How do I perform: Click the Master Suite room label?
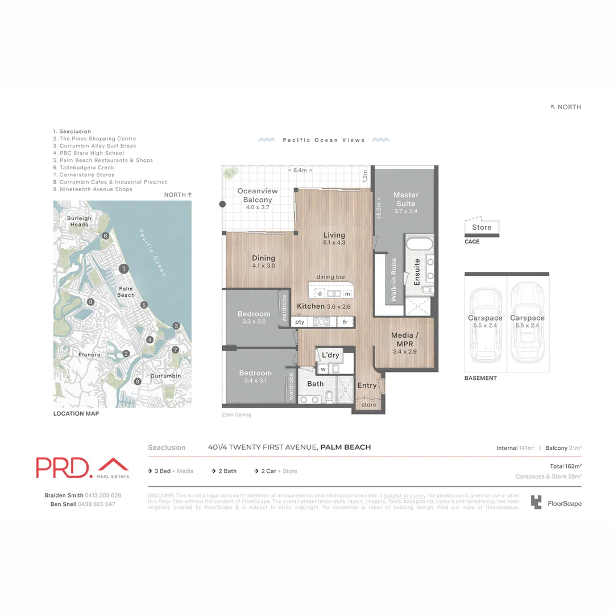click(405, 200)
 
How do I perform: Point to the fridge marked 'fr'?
click(345, 322)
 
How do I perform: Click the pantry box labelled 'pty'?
click(300, 322)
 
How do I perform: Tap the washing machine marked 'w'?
click(323, 369)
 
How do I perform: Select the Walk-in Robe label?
click(393, 279)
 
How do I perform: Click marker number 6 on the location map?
click(105, 236)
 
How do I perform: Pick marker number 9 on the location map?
click(90, 302)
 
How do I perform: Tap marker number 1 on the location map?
click(123, 269)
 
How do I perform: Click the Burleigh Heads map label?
click(79, 221)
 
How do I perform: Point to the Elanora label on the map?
click(90, 355)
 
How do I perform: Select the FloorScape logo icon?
click(536, 502)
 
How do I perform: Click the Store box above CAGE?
click(482, 227)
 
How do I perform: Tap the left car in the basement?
click(485, 326)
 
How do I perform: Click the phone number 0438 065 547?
click(96, 504)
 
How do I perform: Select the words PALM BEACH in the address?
click(346, 447)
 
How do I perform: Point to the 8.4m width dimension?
click(300, 171)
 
